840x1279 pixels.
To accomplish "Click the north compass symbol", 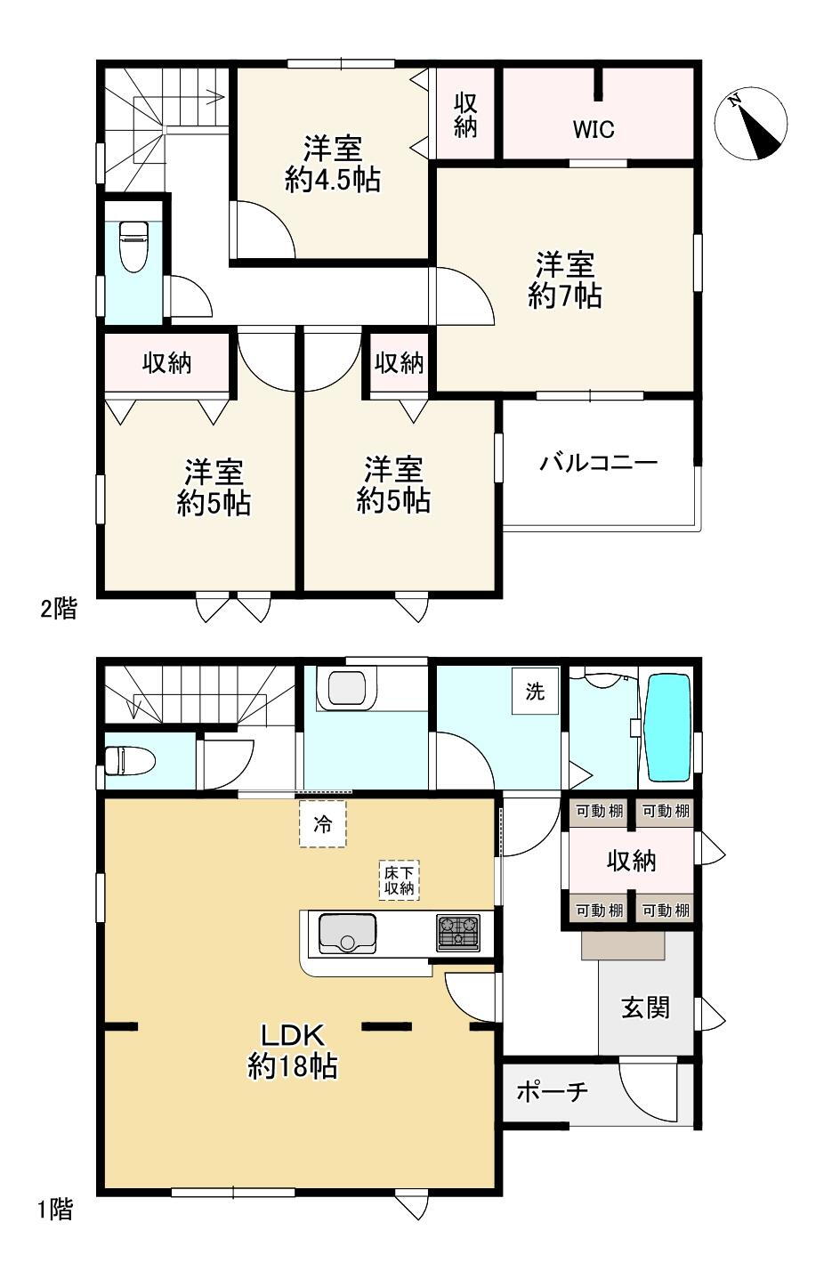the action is pos(750,124).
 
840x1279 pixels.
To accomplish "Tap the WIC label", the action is pos(594,130).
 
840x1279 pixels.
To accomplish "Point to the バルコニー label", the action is pos(599,462).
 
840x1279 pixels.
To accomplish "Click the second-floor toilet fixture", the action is pos(134,246).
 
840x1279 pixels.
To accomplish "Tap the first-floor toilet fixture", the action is pos(131,761).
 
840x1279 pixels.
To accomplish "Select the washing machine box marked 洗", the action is pos(535,692).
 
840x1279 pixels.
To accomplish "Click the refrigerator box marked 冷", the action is pos(322,824).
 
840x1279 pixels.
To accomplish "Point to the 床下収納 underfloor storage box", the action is pos(399,880).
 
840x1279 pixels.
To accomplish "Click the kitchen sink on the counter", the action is pos(347,934).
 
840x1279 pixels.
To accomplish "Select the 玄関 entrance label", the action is pos(645,1008).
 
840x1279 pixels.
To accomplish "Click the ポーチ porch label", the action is pos(552,1091).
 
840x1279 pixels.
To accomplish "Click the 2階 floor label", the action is pos(58,609).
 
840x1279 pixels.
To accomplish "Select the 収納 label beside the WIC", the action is pos(465,114).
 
